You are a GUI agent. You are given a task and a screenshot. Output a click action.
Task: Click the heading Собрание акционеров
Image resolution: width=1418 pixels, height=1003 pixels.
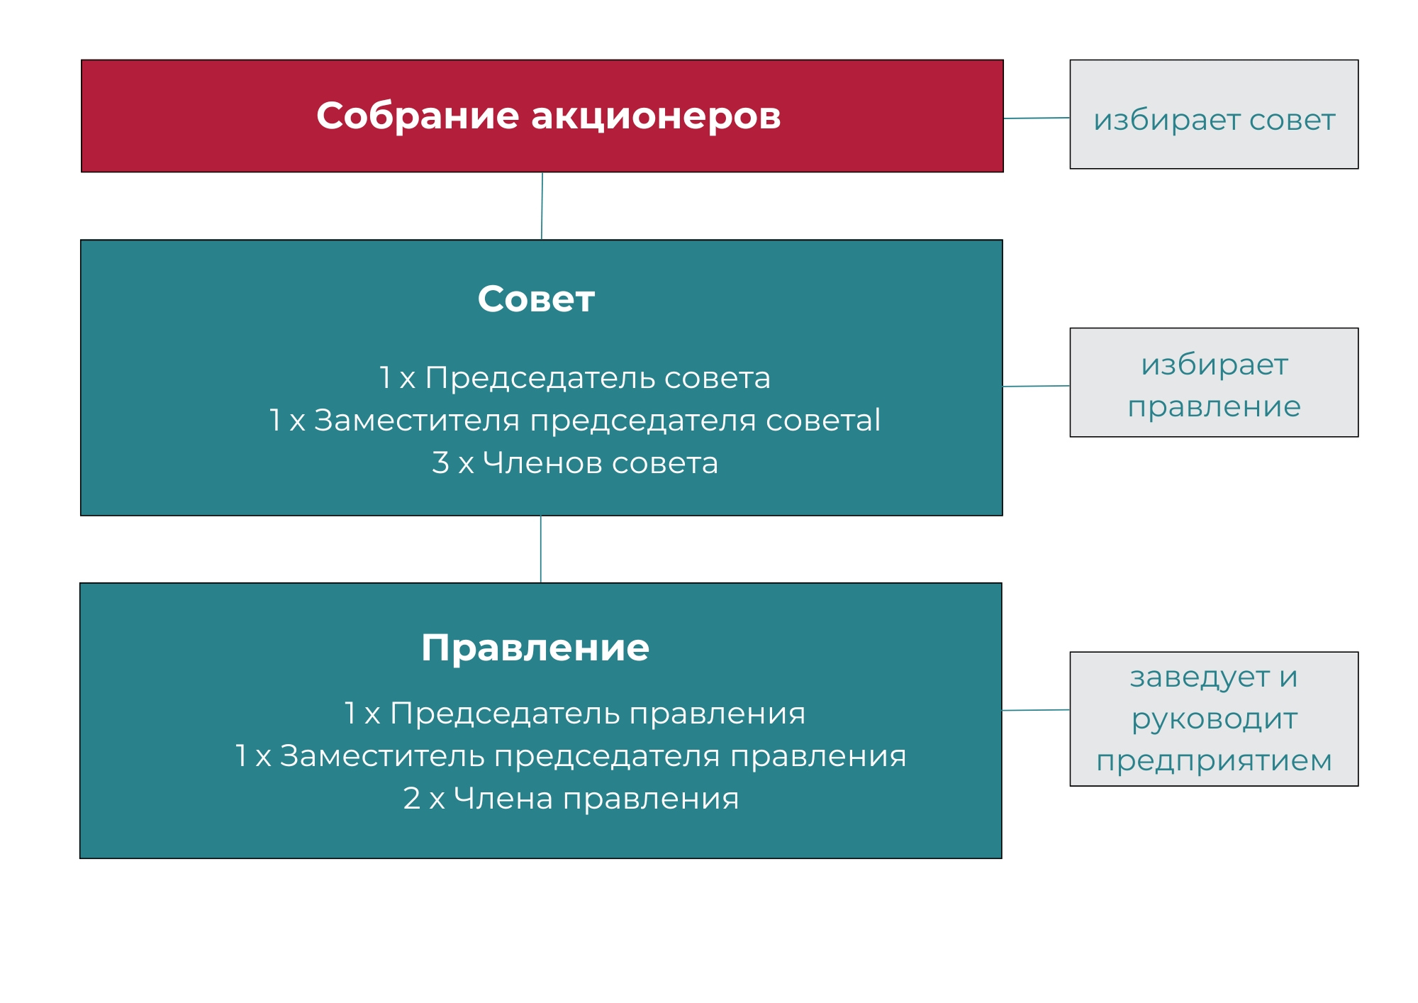click(x=548, y=116)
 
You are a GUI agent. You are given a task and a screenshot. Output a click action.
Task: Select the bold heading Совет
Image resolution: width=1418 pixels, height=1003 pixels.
click(x=536, y=299)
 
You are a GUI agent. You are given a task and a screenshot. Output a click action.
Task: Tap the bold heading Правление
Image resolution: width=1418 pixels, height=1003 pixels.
click(x=535, y=648)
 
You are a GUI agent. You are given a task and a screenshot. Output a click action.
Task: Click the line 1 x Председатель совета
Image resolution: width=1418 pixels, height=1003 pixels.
click(x=575, y=378)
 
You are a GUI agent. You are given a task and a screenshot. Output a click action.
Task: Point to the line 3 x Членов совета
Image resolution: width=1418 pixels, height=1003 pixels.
click(x=575, y=463)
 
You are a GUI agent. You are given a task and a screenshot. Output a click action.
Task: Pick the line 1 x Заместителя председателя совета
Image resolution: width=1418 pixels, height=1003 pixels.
click(x=575, y=421)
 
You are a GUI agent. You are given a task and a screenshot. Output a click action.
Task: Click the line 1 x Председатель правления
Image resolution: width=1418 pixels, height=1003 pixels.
click(x=575, y=714)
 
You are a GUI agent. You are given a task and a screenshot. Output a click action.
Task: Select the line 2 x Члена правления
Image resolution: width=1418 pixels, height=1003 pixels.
click(x=571, y=799)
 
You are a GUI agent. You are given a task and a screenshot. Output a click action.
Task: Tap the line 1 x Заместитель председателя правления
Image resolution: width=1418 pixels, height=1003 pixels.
click(x=571, y=756)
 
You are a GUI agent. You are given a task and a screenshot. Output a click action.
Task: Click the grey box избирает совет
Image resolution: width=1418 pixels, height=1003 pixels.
click(x=1214, y=114)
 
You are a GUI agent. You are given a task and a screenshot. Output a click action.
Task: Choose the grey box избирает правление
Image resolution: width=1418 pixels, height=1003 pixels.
click(x=1214, y=382)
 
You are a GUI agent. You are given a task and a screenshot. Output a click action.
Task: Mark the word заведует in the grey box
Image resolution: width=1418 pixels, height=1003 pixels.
click(x=1200, y=678)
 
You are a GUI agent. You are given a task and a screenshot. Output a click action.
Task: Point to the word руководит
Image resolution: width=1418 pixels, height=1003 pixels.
click(x=1215, y=719)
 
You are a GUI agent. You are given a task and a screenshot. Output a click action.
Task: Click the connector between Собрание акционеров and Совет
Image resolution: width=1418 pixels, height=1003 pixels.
click(x=542, y=206)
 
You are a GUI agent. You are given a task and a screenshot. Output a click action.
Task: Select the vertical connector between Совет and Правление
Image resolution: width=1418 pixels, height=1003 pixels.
click(x=541, y=549)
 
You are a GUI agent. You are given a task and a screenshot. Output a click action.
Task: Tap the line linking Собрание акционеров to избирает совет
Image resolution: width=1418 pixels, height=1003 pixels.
click(x=1037, y=118)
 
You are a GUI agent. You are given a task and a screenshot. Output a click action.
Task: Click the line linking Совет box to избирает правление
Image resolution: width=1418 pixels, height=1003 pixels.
click(x=1036, y=386)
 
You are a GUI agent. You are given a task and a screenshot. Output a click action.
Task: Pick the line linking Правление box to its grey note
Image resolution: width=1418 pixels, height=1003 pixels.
click(x=1036, y=710)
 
